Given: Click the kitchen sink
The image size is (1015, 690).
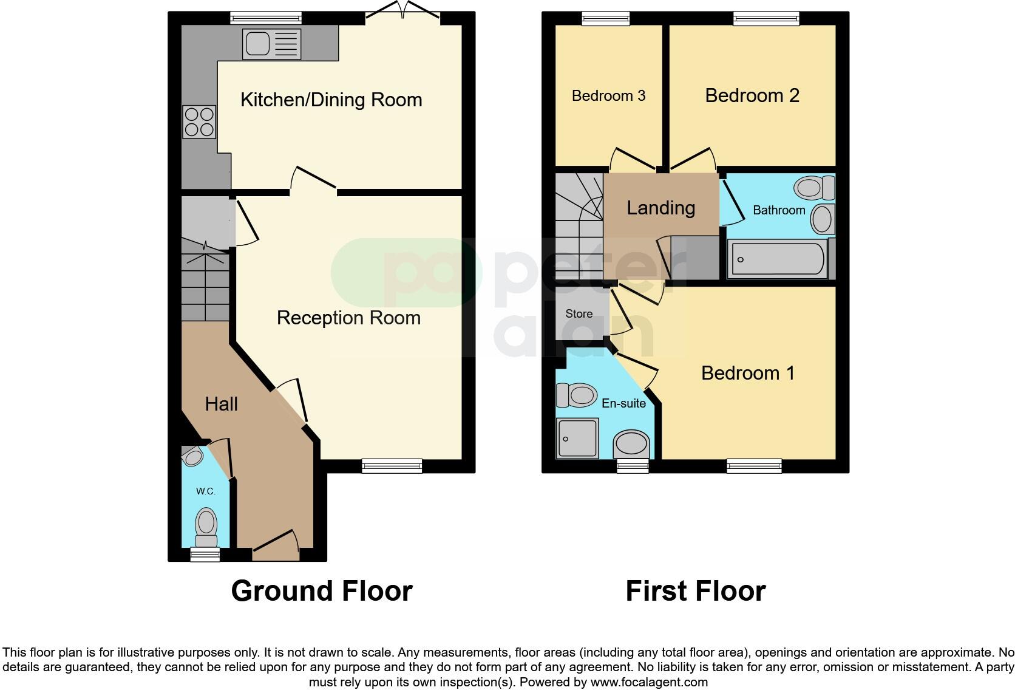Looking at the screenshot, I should (x=271, y=44).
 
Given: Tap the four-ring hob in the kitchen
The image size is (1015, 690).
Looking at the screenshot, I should (x=199, y=121).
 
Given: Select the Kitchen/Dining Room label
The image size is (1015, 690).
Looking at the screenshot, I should (x=331, y=100).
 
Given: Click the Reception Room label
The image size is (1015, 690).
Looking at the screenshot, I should (x=348, y=318).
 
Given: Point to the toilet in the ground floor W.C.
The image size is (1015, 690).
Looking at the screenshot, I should (x=206, y=526).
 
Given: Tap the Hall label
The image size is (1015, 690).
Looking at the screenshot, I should (x=221, y=404).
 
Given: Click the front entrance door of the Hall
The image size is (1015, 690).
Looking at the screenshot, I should (x=276, y=544).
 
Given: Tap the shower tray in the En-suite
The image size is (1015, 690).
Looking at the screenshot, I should (x=577, y=437).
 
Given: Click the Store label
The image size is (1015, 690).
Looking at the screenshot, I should (x=579, y=314).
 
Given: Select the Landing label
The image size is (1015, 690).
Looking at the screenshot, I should (x=660, y=208).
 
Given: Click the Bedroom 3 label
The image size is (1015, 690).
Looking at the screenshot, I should (x=608, y=95).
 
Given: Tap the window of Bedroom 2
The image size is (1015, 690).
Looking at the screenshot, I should (x=766, y=19).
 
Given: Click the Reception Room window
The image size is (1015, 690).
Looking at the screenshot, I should (x=392, y=466).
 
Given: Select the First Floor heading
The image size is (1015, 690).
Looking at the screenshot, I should (x=695, y=591).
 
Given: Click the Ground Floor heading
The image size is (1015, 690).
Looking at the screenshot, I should (x=322, y=591).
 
